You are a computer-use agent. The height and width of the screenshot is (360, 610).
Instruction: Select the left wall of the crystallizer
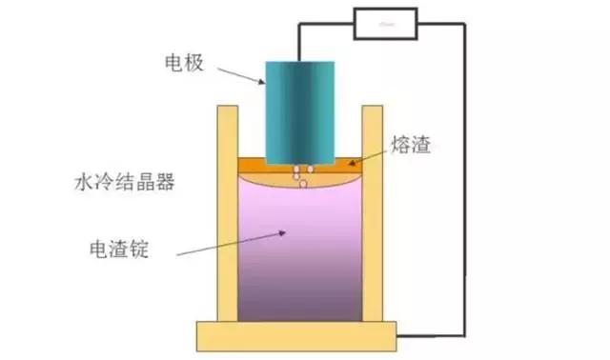(x=229, y=213)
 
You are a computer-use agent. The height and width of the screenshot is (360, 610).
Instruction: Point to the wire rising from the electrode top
(x=298, y=43)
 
